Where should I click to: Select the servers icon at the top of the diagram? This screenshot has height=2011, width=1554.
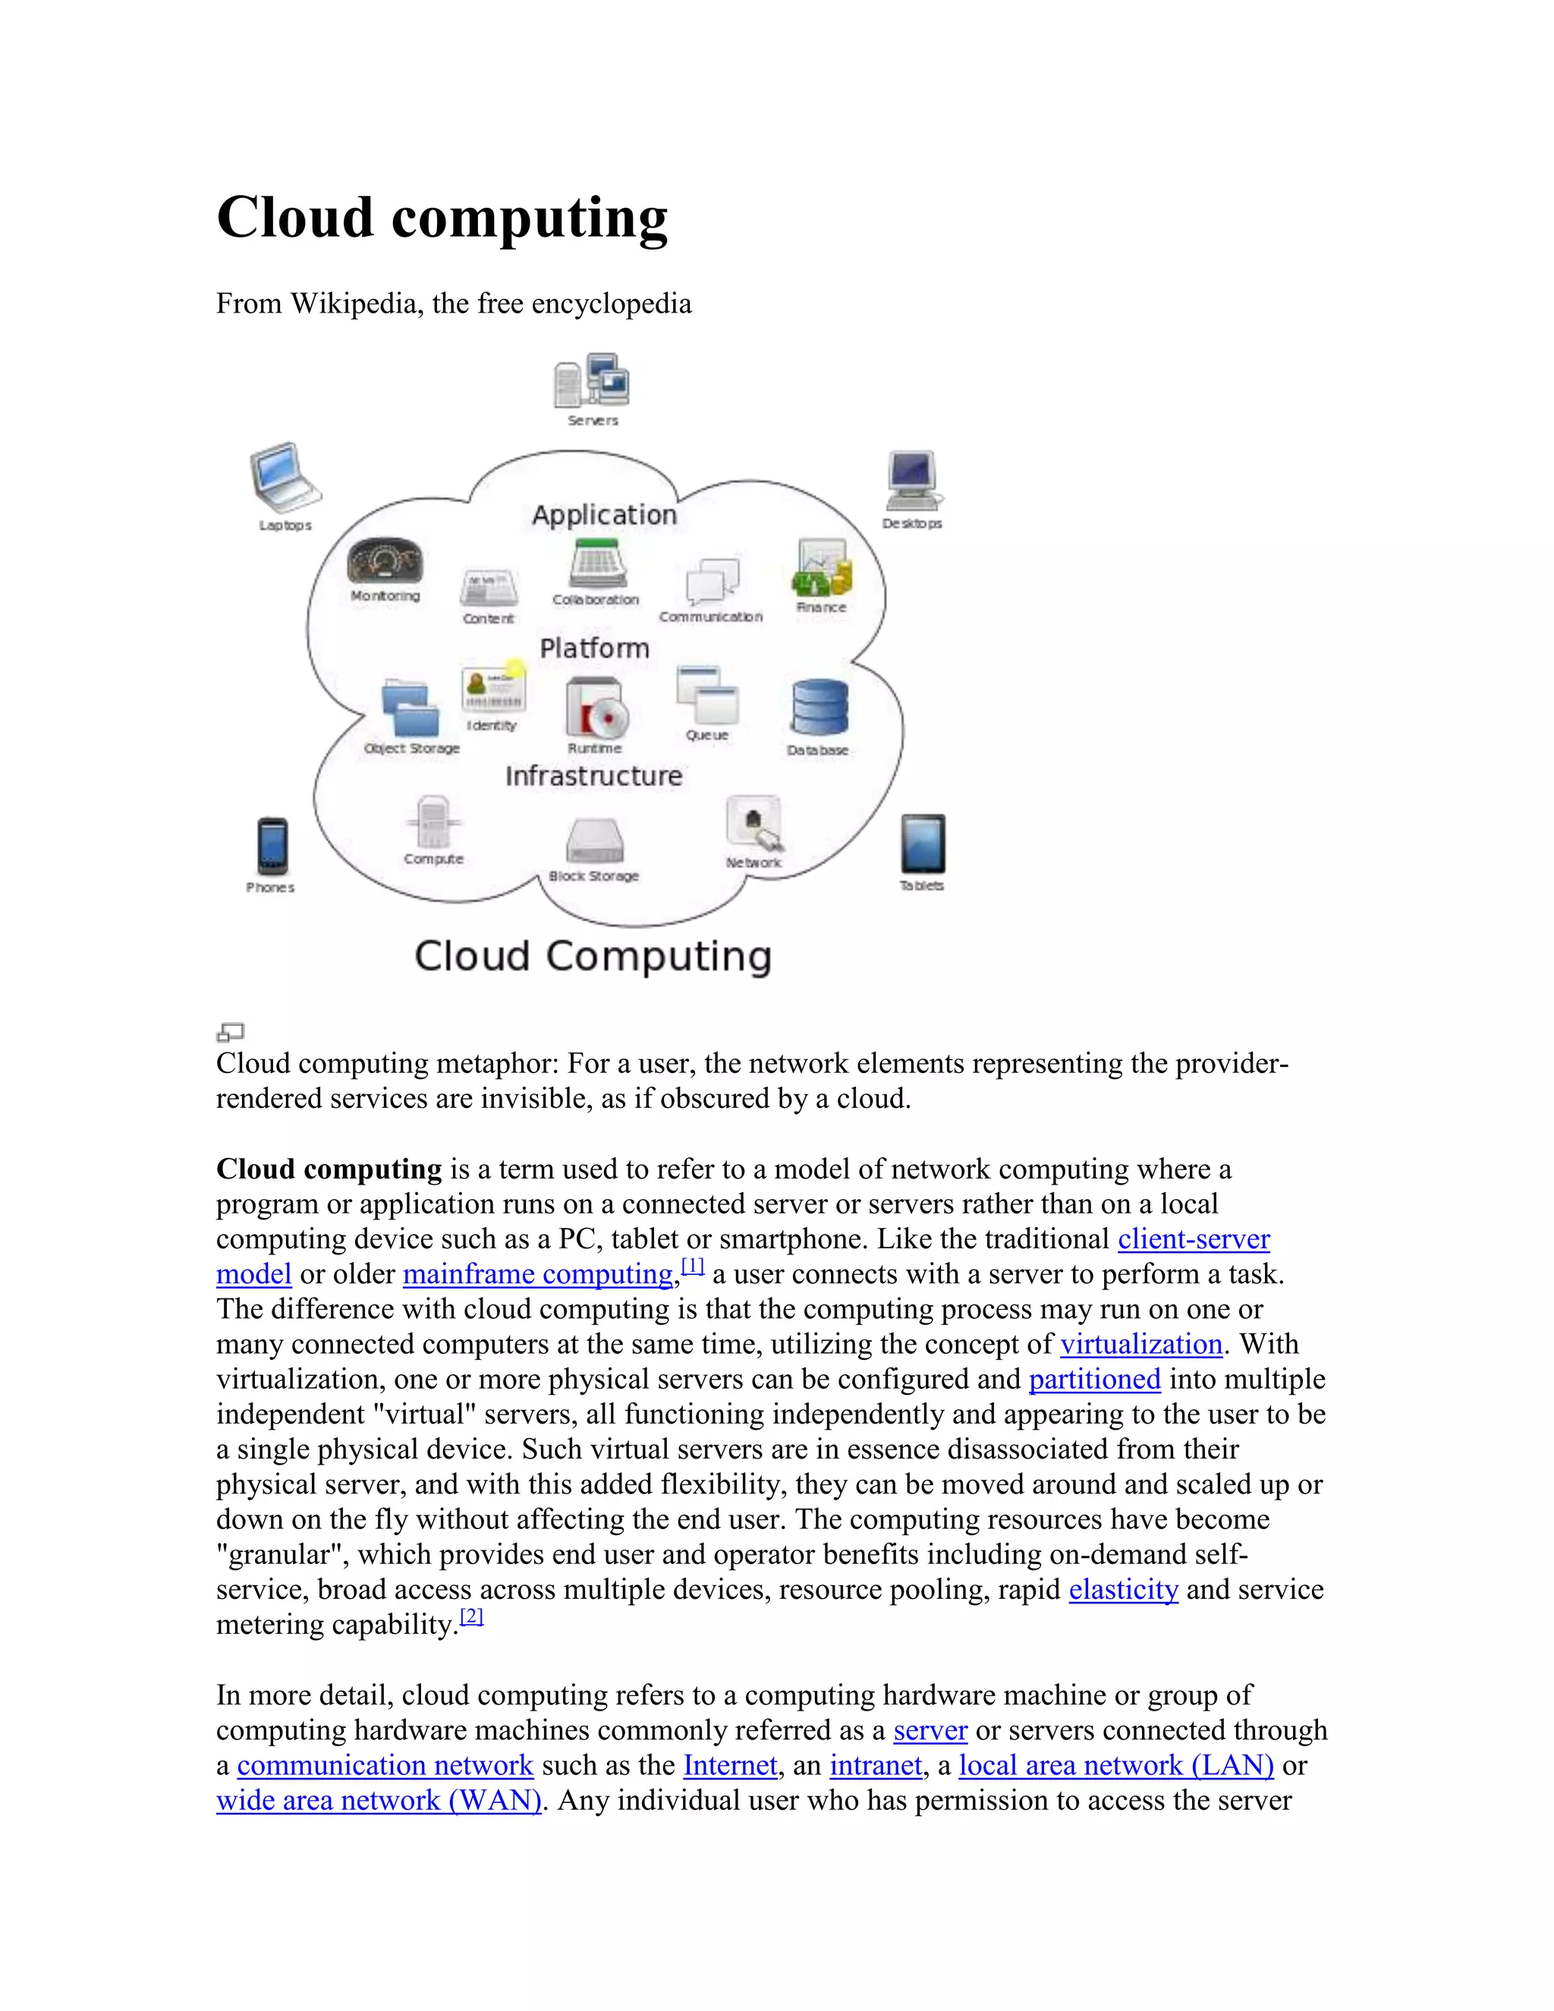coord(592,380)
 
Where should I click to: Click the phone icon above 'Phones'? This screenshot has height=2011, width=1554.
coord(272,845)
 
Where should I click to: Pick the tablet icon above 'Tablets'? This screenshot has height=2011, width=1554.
coord(923,842)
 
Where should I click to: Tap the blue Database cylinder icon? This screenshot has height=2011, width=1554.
coord(819,708)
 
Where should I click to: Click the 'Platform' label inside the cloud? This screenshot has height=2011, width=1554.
coord(595,648)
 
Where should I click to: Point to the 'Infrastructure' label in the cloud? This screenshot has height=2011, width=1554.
coord(594,776)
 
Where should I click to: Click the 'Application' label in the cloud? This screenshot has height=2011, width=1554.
coord(604,515)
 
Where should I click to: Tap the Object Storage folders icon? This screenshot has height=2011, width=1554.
coord(410,708)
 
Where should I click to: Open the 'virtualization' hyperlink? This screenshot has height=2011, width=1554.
coord(1140,1345)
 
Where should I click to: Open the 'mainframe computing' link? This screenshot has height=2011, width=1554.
coord(538,1274)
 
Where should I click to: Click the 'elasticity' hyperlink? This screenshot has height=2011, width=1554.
coord(1123,1589)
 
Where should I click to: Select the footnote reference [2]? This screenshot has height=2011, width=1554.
coord(471,1617)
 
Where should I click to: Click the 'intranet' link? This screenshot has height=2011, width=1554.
coord(876,1765)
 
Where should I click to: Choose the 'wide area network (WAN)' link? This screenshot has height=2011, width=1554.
coord(379,1800)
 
